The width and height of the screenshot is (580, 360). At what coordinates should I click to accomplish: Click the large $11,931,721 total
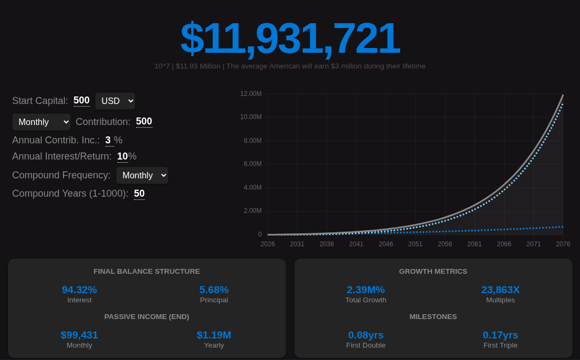290,38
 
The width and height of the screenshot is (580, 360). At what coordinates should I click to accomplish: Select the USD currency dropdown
115,101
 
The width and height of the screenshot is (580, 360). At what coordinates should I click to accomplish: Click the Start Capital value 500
82,100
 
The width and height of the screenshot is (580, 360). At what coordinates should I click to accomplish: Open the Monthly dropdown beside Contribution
41,122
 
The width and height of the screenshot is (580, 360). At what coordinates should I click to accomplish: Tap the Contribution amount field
144,121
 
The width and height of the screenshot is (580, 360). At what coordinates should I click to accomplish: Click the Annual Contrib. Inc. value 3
108,140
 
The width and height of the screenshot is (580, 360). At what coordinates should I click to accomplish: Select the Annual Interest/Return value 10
122,156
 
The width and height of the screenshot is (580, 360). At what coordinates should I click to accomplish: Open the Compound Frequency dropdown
142,175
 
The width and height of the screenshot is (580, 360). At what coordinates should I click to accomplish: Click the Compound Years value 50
139,193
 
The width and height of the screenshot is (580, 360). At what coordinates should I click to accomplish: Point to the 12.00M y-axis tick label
251,94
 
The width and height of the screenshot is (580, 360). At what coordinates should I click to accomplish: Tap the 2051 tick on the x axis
415,244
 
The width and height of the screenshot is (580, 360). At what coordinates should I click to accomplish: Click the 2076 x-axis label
563,244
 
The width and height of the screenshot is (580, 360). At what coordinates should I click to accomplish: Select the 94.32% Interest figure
79,290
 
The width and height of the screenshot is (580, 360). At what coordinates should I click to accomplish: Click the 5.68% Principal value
214,290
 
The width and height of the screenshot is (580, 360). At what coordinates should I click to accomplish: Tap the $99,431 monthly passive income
79,335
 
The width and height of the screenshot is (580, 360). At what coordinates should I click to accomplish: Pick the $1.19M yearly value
214,335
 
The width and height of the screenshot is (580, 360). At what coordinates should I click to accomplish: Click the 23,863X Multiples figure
500,290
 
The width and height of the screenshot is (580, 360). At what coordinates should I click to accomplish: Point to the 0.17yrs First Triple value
500,335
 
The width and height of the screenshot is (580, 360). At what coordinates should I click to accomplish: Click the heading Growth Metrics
433,272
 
